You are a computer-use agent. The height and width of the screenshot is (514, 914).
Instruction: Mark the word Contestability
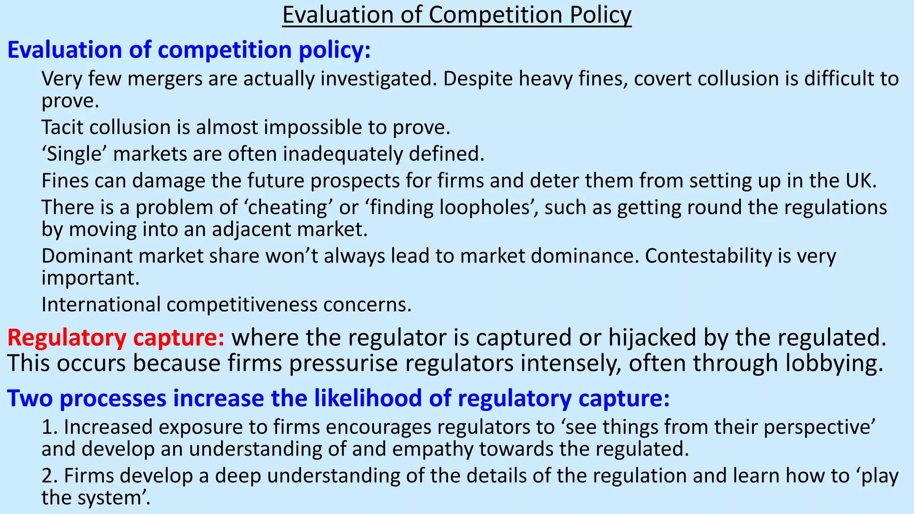(x=708, y=256)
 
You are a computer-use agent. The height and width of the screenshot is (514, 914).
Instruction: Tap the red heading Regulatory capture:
(x=116, y=338)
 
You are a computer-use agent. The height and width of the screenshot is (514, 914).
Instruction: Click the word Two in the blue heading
(x=30, y=398)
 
